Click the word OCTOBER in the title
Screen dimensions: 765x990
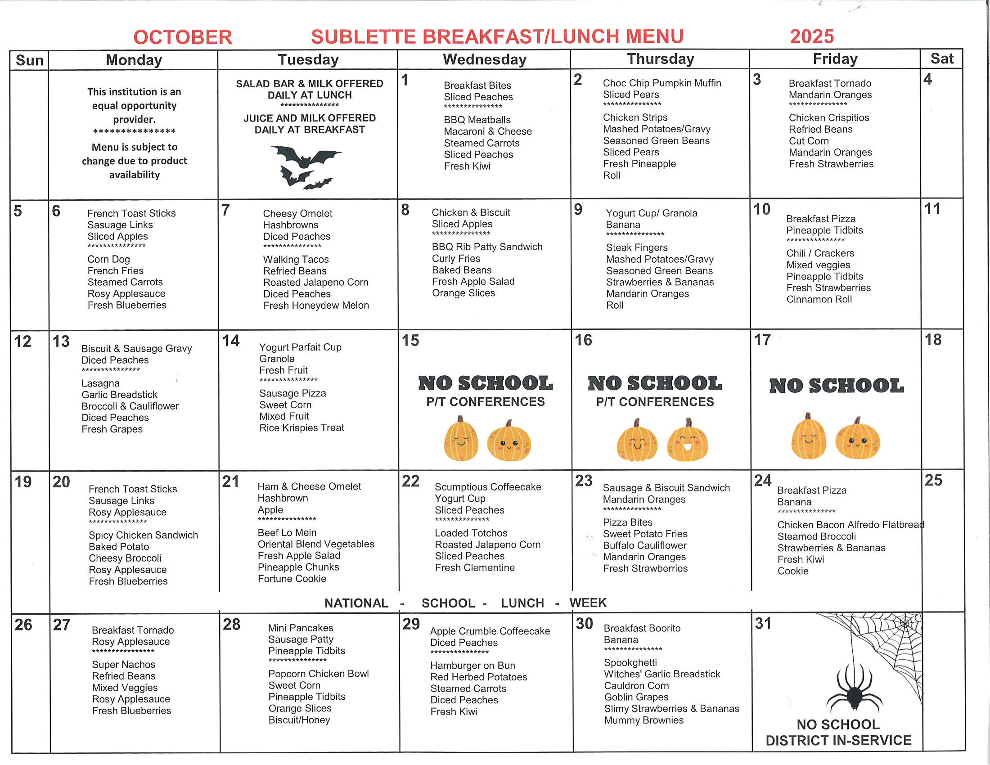[182, 37]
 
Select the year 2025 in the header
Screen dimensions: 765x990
[811, 36]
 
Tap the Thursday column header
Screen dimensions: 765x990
[660, 59]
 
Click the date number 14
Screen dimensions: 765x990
[231, 340]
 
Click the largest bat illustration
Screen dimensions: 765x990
[306, 157]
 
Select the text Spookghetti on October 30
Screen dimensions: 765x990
[630, 662]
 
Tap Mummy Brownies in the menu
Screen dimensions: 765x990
[643, 720]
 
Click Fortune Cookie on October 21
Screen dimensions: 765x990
[292, 579]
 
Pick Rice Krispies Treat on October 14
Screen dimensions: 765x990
[301, 428]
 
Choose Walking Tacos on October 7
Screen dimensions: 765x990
[296, 259]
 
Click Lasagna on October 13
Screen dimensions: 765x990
[100, 383]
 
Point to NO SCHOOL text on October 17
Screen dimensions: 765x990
[837, 386]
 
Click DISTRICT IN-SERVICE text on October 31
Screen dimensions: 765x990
[838, 741]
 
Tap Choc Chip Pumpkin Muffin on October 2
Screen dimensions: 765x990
[662, 83]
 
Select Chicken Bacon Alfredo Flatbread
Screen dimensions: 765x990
[850, 525]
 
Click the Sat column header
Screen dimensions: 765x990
[941, 59]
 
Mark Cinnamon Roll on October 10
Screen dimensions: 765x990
[819, 299]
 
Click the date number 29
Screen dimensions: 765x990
[411, 624]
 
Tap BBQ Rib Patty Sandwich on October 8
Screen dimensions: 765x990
[487, 247]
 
